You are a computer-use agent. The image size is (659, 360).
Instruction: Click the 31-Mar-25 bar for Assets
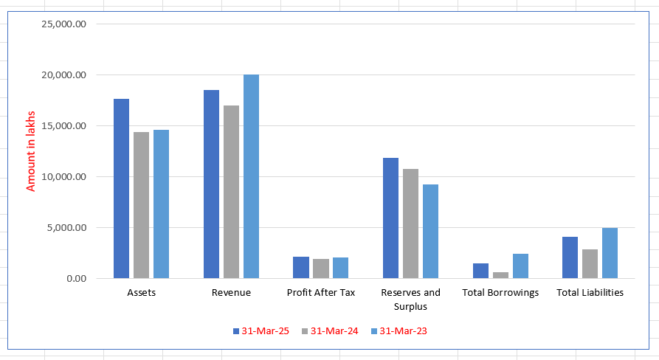[x=121, y=188]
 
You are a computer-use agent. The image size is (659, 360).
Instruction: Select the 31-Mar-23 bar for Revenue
[x=251, y=176]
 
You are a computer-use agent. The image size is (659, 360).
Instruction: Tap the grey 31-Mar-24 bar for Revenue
[x=231, y=192]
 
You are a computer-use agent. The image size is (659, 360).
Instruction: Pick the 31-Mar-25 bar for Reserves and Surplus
[x=390, y=218]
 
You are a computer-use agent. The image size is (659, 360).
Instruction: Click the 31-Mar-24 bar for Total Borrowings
[x=500, y=275]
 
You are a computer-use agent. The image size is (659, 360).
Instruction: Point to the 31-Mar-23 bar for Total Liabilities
[x=610, y=253]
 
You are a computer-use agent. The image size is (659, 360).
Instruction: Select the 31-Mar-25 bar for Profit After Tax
[x=301, y=267]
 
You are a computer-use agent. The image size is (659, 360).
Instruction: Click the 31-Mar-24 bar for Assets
[x=141, y=205]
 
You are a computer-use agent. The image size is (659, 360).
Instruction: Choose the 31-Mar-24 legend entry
[x=329, y=331]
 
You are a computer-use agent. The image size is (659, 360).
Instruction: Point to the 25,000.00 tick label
[x=65, y=24]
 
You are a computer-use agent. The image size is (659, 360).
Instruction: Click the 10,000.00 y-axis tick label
[x=65, y=176]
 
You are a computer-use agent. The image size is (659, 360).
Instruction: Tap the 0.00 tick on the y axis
[x=75, y=278]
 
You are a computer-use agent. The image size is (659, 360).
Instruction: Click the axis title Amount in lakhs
[x=31, y=151]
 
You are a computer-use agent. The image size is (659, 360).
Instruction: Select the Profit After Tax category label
[x=321, y=292]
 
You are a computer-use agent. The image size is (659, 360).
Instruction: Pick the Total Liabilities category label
[x=590, y=292]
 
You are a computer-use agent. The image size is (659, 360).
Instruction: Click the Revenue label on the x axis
[x=231, y=292]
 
